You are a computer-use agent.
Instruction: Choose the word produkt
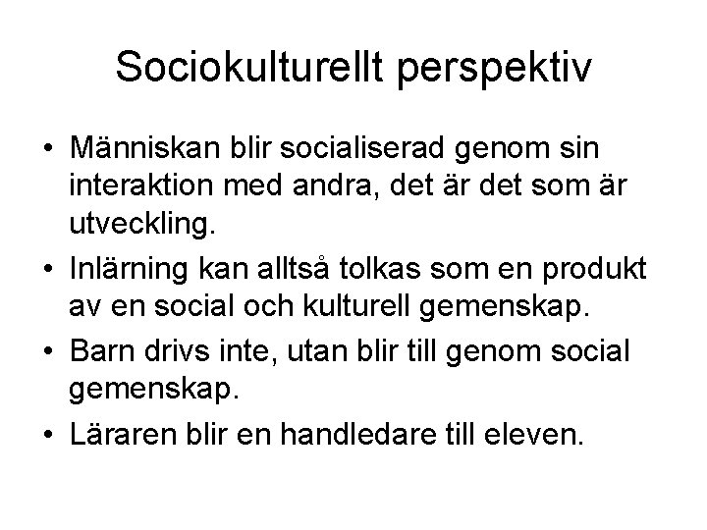tap(561, 263)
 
